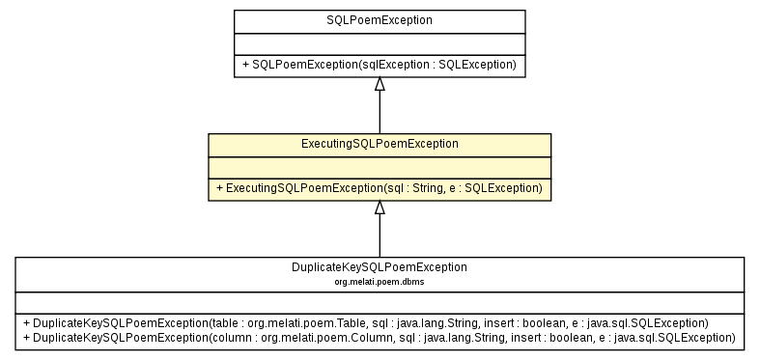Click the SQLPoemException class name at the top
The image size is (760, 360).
[380, 19]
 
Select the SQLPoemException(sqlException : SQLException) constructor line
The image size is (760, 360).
[380, 65]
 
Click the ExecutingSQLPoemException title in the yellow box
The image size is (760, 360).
[380, 143]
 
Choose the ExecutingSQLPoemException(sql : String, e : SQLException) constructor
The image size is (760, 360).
[380, 188]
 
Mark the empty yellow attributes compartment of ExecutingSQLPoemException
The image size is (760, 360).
[380, 166]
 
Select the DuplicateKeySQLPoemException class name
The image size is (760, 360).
[380, 266]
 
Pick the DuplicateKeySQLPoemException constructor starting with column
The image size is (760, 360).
[380, 337]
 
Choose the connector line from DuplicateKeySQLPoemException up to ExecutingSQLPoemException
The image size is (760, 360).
[380, 236]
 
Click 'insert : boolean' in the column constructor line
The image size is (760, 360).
[509, 337]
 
